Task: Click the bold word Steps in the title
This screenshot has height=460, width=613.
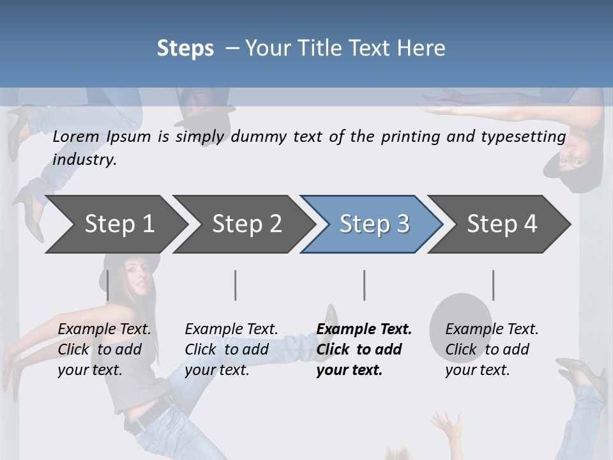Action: tap(185, 49)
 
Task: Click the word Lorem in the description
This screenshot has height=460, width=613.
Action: tap(76, 137)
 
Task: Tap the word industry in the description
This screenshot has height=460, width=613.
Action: tap(84, 160)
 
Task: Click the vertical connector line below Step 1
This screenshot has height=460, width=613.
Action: tap(108, 285)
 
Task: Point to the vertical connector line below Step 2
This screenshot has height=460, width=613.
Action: tap(236, 285)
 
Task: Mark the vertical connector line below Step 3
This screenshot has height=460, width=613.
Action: tap(365, 285)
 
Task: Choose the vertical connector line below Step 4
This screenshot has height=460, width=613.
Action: tap(493, 285)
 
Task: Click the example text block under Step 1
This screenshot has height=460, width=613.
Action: tap(104, 349)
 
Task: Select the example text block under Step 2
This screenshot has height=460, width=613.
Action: tap(231, 349)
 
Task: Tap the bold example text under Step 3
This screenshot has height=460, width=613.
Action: tap(363, 349)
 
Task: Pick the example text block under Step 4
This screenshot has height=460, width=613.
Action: tap(492, 349)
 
